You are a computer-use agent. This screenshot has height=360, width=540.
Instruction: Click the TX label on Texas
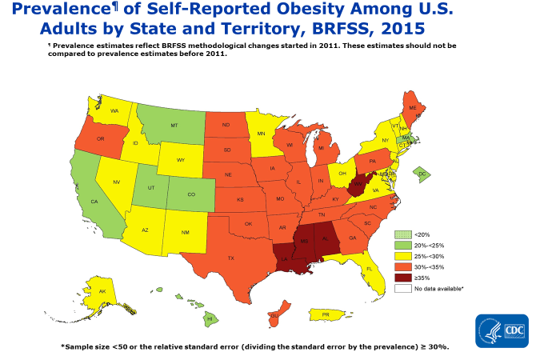click(230, 258)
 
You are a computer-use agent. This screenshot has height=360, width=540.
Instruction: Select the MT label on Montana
click(173, 126)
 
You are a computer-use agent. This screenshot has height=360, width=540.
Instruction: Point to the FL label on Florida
click(369, 269)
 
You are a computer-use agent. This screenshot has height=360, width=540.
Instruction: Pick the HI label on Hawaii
click(209, 318)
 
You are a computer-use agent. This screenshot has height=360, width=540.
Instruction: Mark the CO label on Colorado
click(190, 194)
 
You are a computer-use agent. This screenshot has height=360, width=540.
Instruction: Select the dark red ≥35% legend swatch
click(404, 276)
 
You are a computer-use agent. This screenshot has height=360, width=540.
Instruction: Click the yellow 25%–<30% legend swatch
click(404, 254)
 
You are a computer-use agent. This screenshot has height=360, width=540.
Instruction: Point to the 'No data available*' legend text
click(441, 287)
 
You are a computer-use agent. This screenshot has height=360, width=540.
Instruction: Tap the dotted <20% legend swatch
click(404, 232)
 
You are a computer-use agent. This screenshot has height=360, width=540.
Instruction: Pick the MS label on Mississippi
click(304, 240)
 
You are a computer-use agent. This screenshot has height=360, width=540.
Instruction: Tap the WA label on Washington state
click(114, 110)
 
